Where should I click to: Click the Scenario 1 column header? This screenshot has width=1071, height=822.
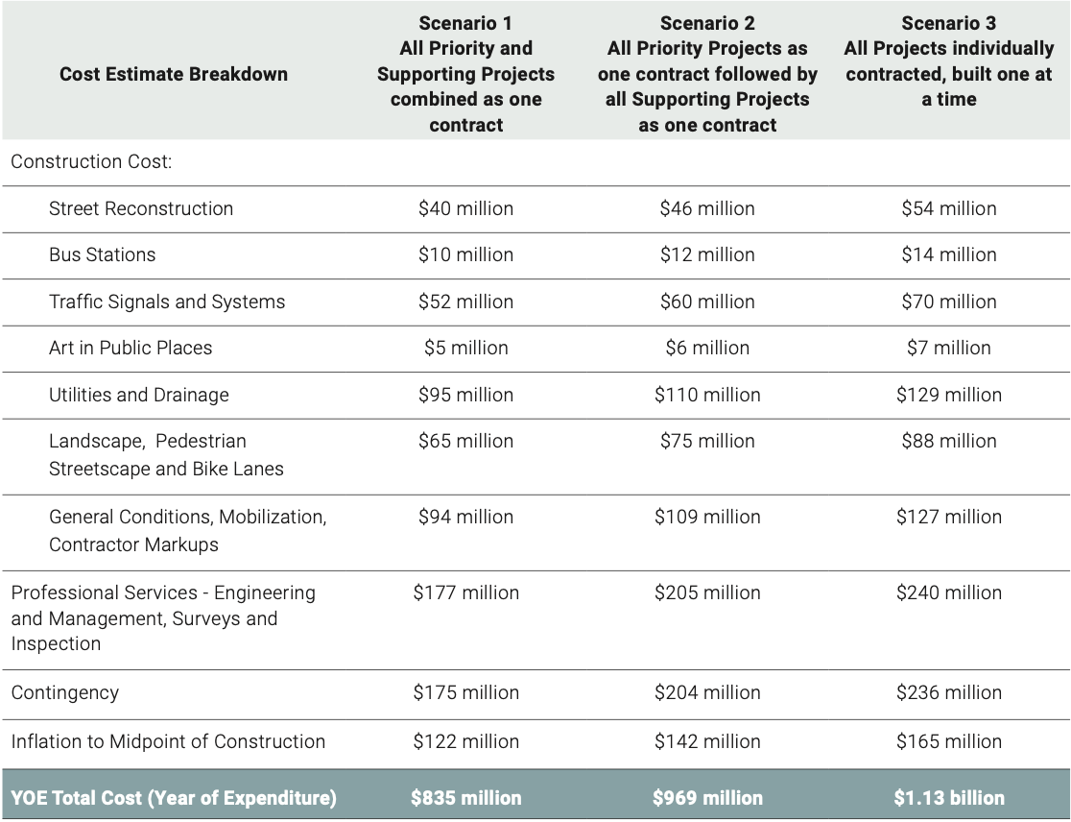coord(465,73)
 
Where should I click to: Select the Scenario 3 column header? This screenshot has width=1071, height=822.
coord(948,60)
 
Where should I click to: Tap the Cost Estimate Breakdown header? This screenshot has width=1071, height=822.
coord(174,74)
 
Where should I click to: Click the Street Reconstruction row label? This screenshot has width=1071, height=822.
coord(141,208)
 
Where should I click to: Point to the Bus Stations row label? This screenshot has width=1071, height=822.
coord(102,254)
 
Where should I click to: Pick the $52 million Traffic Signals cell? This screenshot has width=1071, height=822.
coord(465,302)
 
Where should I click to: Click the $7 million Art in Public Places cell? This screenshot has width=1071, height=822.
coord(948,348)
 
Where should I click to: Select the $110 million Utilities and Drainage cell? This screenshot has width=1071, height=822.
coord(707,395)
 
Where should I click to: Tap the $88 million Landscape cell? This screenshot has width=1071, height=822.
coord(948,441)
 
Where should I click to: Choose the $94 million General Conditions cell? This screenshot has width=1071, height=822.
coord(465,517)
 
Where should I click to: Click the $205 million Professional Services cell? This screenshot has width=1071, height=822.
coord(707,592)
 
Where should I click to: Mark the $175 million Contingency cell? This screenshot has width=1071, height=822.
coord(465,692)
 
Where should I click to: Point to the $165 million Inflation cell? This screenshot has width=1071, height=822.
coord(948,741)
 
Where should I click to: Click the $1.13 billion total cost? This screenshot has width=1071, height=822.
coord(948,798)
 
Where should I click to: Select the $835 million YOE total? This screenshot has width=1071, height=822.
coord(465,798)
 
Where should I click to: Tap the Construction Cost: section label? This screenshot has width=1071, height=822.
coord(91,161)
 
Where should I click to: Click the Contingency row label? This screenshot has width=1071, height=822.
coord(65,692)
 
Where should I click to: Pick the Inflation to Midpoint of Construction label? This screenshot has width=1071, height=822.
coord(168,741)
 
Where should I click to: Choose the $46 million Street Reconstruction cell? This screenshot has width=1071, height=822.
coord(707,208)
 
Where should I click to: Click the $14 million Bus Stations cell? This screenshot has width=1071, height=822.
coord(948,254)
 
